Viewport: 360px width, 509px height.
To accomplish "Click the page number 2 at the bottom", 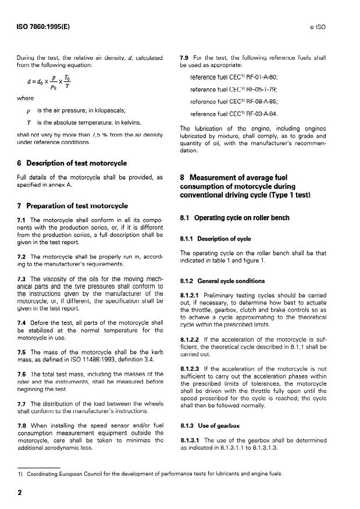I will click(x=20, y=491).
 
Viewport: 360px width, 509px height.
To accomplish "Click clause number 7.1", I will click(x=23, y=220).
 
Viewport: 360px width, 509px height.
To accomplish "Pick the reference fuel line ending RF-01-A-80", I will click(x=234, y=77).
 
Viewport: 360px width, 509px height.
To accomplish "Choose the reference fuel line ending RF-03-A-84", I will click(x=234, y=114).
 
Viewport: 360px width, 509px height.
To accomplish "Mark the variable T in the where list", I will click(x=28, y=122).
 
